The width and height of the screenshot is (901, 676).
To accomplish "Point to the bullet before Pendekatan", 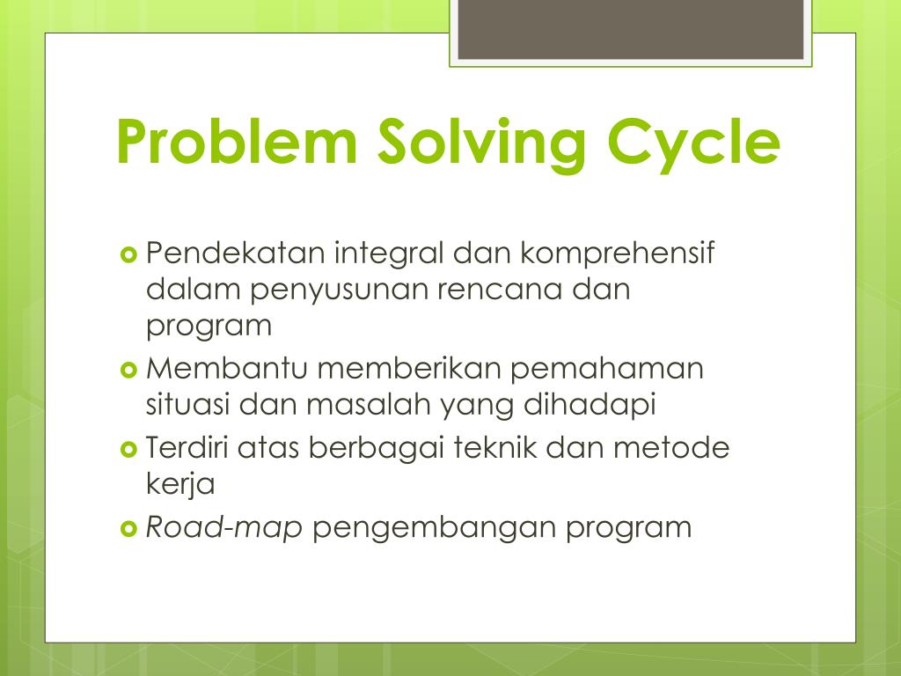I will (x=128, y=255).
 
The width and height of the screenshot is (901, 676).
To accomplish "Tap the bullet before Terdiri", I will (x=128, y=450).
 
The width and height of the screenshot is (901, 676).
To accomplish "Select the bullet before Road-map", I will (x=128, y=529).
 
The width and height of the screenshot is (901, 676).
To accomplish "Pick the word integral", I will (x=390, y=254).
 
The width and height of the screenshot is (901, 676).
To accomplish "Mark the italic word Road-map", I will (x=224, y=528).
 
